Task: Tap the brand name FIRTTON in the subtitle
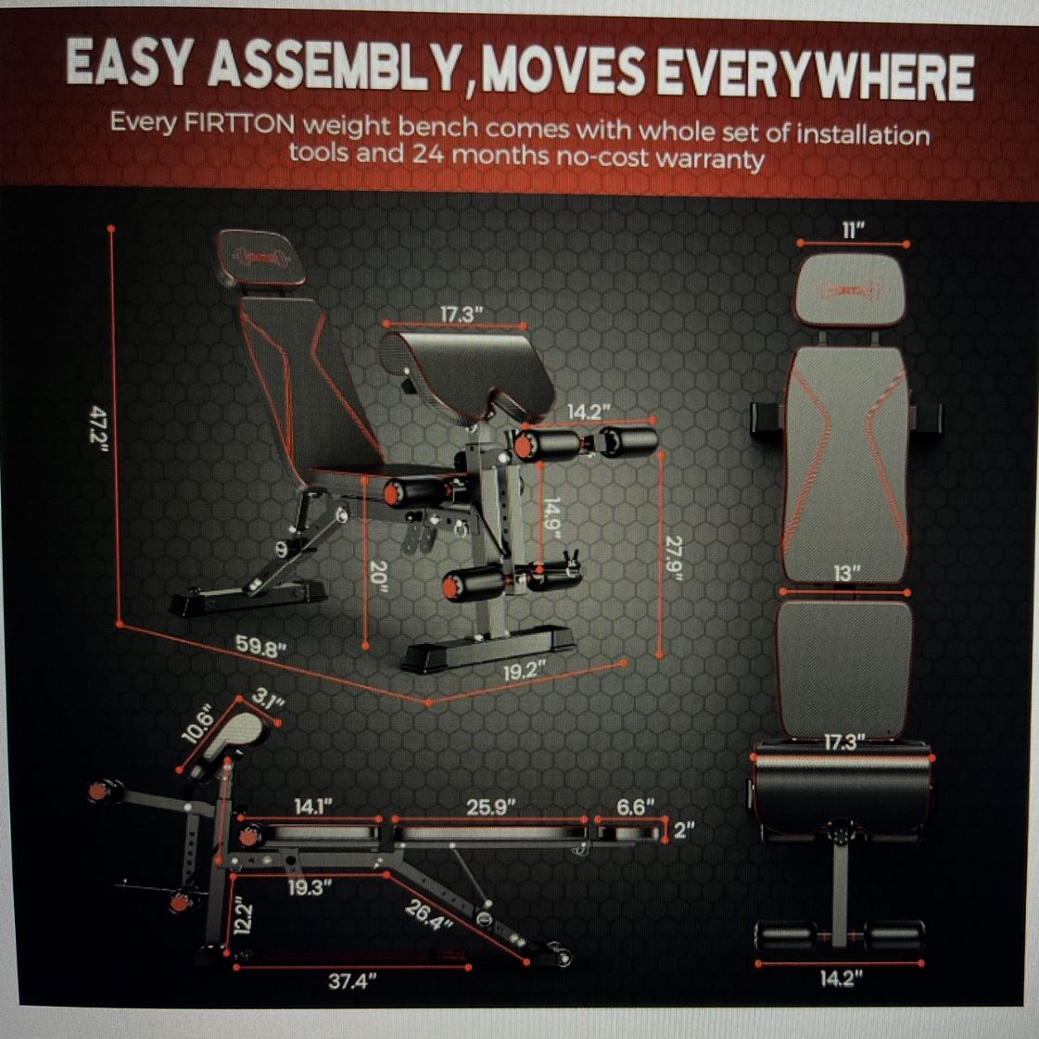(x=238, y=124)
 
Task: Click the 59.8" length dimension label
(x=261, y=645)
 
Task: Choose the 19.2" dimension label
(x=525, y=672)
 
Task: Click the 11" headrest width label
(x=854, y=230)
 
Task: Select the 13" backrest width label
(x=846, y=573)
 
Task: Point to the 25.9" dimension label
(x=491, y=807)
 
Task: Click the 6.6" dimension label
(x=636, y=806)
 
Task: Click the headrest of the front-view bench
(x=850, y=289)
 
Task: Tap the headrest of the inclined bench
(x=260, y=257)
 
